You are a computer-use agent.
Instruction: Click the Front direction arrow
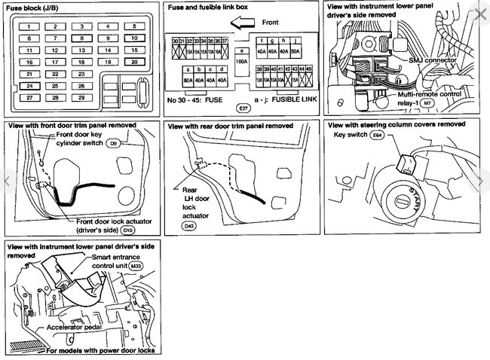(x=245, y=23)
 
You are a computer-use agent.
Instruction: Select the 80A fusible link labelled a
(x=188, y=78)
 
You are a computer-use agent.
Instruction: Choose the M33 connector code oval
(x=136, y=266)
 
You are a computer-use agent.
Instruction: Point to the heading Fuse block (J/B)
(x=41, y=8)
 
